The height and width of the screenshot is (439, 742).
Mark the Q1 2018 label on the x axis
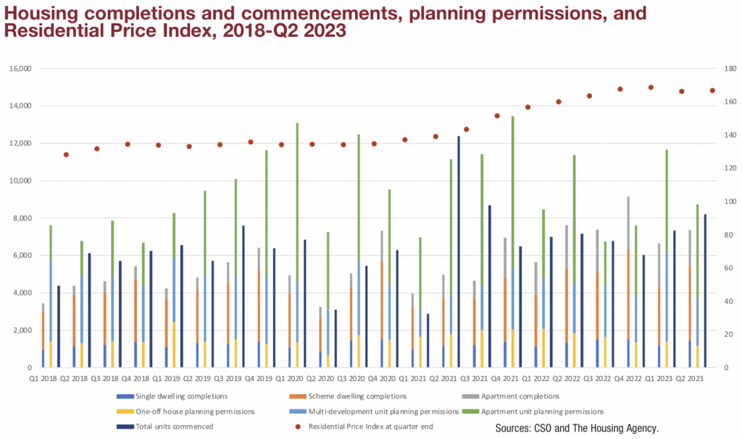click(x=43, y=378)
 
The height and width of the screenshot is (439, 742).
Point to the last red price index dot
click(x=712, y=91)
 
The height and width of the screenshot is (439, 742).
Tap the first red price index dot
click(x=66, y=154)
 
